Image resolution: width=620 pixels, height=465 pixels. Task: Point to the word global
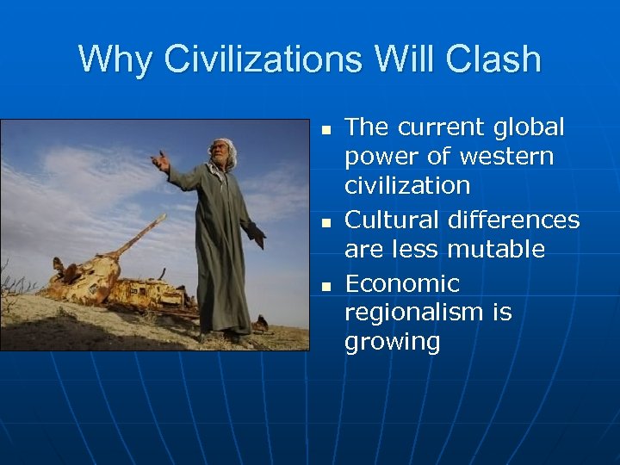pyautogui.click(x=529, y=127)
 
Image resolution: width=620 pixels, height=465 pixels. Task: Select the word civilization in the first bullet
pyautogui.click(x=407, y=186)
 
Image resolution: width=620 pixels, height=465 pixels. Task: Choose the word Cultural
pyautogui.click(x=392, y=220)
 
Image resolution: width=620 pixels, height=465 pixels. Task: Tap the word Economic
pyautogui.click(x=402, y=283)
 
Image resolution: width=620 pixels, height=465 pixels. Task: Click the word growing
pyautogui.click(x=392, y=342)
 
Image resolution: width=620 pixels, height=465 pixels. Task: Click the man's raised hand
pyautogui.click(x=159, y=161)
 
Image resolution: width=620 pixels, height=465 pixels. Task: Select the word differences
pyautogui.click(x=513, y=220)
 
